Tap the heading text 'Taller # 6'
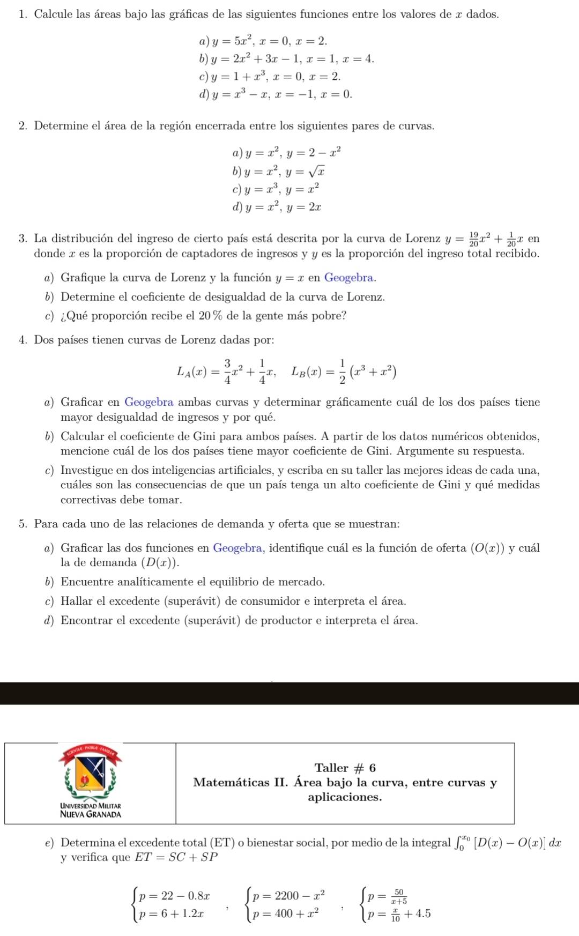pyautogui.click(x=345, y=768)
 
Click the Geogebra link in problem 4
pyautogui.click(x=149, y=402)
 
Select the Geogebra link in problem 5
pyautogui.click(x=237, y=548)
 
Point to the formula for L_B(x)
pyautogui.click(x=344, y=371)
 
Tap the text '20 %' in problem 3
pyautogui.click(x=211, y=316)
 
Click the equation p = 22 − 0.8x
pyautogui.click(x=174, y=896)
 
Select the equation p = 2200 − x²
pyautogui.click(x=289, y=896)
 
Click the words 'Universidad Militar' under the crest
pyautogui.click(x=91, y=806)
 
